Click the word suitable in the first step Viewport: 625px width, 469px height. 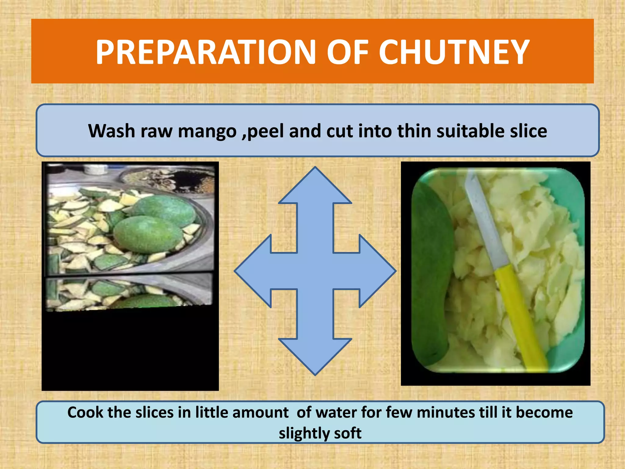[470, 131]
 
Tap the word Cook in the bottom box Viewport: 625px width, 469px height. [85, 413]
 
